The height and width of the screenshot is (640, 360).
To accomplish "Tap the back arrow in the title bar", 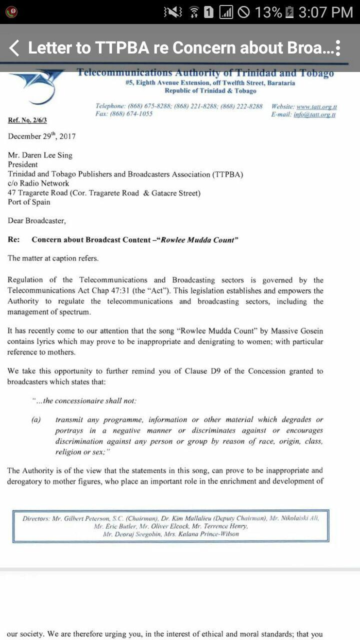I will tap(14, 48).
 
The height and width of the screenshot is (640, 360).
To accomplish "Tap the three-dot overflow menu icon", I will tap(338, 48).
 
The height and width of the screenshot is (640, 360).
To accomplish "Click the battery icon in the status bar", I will tap(289, 12).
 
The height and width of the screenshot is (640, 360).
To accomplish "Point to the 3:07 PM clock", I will tap(325, 12).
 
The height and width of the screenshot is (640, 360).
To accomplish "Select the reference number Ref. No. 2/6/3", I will tap(27, 120).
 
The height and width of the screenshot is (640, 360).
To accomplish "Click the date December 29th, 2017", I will tap(42, 136).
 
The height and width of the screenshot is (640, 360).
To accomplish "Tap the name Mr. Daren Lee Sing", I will tap(40, 155).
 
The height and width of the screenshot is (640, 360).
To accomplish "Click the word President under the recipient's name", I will tap(23, 164).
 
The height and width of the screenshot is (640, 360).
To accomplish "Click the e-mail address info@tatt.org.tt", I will tap(314, 114).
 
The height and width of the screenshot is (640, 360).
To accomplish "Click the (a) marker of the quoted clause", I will tap(36, 419).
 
